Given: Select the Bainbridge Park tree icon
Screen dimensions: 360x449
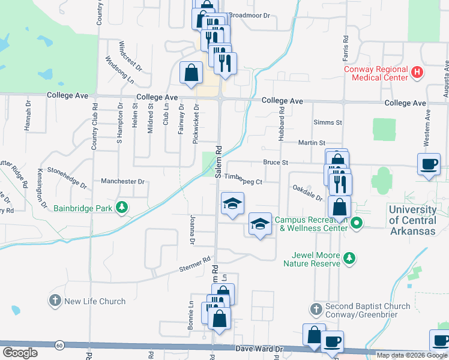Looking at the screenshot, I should click(x=122, y=208).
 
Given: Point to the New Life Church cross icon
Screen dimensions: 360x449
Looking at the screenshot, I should click(x=55, y=301).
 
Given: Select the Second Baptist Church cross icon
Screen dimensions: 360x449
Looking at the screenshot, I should click(x=316, y=310).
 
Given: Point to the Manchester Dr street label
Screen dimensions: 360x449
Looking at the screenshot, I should click(x=123, y=181).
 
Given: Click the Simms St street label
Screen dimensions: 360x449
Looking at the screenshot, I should click(x=328, y=122).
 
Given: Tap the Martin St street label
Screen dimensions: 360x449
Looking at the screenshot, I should click(x=312, y=143).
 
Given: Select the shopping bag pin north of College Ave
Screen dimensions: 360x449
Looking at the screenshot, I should click(x=191, y=73).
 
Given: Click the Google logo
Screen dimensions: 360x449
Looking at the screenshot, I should click(x=20, y=352).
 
